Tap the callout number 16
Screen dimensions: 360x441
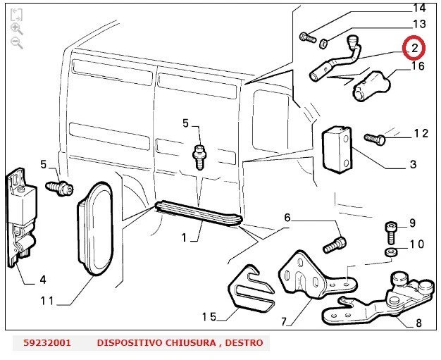[x=418, y=66]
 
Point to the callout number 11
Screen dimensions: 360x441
[x=46, y=301]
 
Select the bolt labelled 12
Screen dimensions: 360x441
[x=374, y=139]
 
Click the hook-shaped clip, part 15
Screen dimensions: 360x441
[x=250, y=287]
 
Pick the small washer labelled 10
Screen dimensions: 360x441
[x=391, y=252]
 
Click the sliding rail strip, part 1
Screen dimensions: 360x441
[x=199, y=212]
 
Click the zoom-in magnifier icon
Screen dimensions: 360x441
[x=17, y=28]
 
